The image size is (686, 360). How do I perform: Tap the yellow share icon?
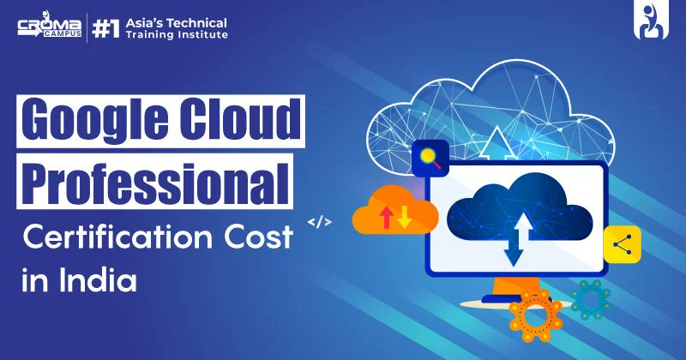623,244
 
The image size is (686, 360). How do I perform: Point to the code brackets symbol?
319,222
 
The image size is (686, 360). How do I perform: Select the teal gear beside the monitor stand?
590,299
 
